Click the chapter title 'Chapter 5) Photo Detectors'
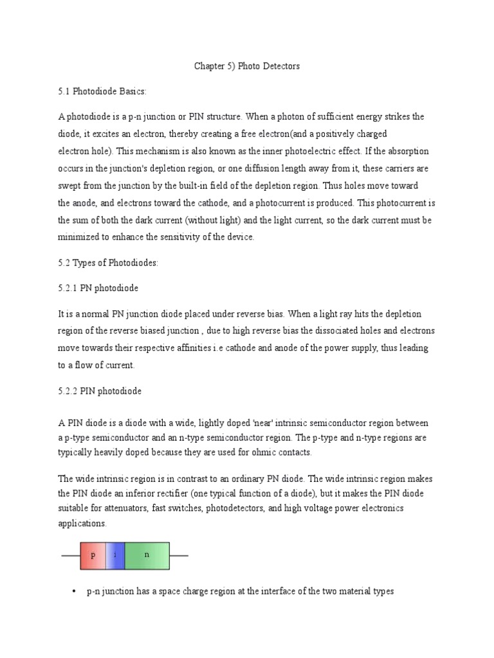[247, 66]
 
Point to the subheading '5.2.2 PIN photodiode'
[100, 390]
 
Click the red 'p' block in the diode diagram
[93, 555]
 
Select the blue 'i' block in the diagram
[114, 555]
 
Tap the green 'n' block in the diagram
[147, 555]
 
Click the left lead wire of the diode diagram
[70, 556]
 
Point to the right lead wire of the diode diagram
[179, 556]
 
